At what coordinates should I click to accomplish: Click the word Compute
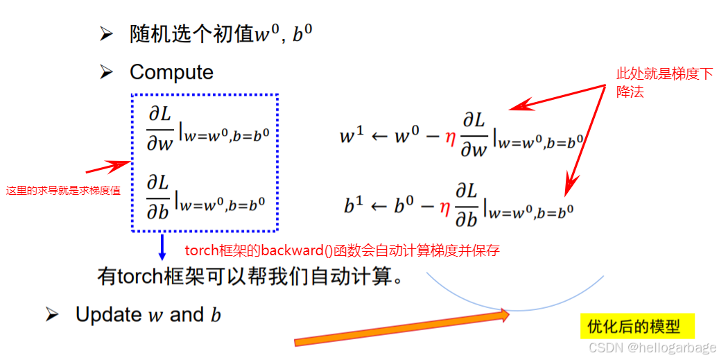pyautogui.click(x=171, y=72)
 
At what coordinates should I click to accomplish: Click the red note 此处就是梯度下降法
pyautogui.click(x=664, y=82)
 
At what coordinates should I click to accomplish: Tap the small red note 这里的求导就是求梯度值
pyautogui.click(x=63, y=191)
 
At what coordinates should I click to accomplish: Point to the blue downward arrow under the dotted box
pyautogui.click(x=162, y=248)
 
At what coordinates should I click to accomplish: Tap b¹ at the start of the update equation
pyautogui.click(x=353, y=205)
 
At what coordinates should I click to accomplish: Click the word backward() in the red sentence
pyautogui.click(x=270, y=250)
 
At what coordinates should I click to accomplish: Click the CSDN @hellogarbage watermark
pyautogui.click(x=652, y=347)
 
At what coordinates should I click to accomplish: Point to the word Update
pyautogui.click(x=108, y=314)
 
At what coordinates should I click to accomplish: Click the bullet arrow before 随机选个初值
pyautogui.click(x=105, y=35)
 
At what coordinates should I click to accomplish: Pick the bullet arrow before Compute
pyautogui.click(x=105, y=72)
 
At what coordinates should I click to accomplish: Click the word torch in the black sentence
pyautogui.click(x=139, y=277)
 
